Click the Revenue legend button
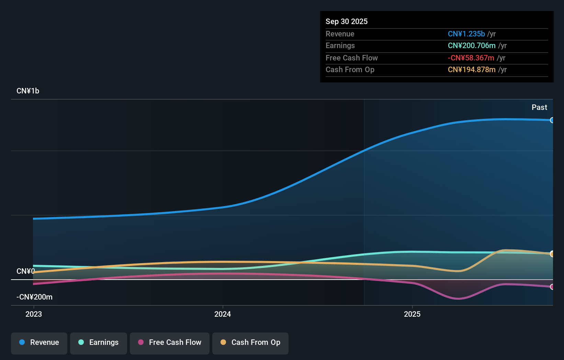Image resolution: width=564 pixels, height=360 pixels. coord(39,343)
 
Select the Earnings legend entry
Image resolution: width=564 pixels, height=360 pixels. coord(99,343)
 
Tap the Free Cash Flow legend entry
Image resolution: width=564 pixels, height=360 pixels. coord(170,343)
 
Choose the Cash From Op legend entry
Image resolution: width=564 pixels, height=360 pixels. coord(250,343)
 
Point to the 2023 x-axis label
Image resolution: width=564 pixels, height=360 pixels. coord(34,314)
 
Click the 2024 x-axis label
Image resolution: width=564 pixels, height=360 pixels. coord(223,314)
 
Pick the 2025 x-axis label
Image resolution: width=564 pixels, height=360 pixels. coord(412,314)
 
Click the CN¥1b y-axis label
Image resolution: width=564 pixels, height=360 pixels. coord(28,91)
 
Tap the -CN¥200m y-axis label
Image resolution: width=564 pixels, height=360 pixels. coord(34,297)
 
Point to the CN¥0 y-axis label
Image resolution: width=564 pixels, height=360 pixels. coord(25,271)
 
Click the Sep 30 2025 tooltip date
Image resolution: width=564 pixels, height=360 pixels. coord(347,22)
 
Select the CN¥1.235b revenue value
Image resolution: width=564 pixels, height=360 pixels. coord(466,34)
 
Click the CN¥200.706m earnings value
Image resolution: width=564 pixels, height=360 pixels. coord(472,46)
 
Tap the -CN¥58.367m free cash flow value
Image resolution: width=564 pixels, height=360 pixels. coord(471,58)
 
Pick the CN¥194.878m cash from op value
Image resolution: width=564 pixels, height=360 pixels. coord(472,70)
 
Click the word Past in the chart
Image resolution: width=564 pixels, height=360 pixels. coord(539,108)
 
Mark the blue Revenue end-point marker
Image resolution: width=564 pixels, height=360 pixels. coord(552,120)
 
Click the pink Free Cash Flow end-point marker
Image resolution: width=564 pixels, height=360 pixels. coord(552,287)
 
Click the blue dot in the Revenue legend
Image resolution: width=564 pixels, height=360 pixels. coord(22,342)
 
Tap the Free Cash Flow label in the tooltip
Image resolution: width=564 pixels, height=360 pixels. coord(352,58)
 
